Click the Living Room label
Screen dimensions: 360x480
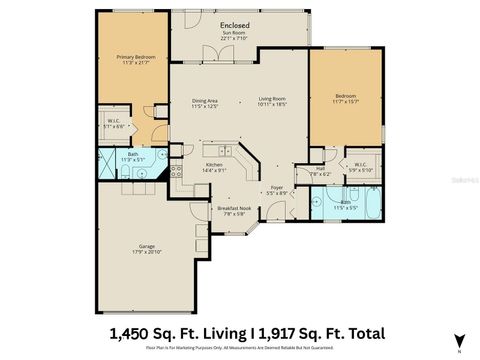272,100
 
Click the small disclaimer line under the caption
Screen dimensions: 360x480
240,350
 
